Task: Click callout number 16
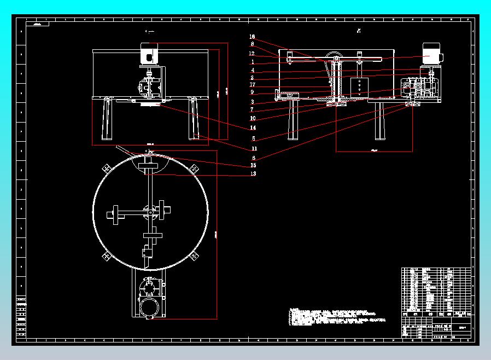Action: (252, 37)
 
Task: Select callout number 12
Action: (252, 54)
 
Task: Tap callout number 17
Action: (252, 85)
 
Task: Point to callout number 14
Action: (253, 128)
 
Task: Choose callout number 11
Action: (254, 148)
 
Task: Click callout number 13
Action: (253, 174)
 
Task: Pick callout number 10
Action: (253, 118)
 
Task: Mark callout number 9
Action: (252, 92)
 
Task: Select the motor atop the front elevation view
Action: (149, 54)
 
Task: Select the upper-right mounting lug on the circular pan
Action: (194, 169)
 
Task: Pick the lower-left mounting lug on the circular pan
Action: (106, 255)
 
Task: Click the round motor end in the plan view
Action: (149, 307)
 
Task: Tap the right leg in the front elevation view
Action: (194, 119)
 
